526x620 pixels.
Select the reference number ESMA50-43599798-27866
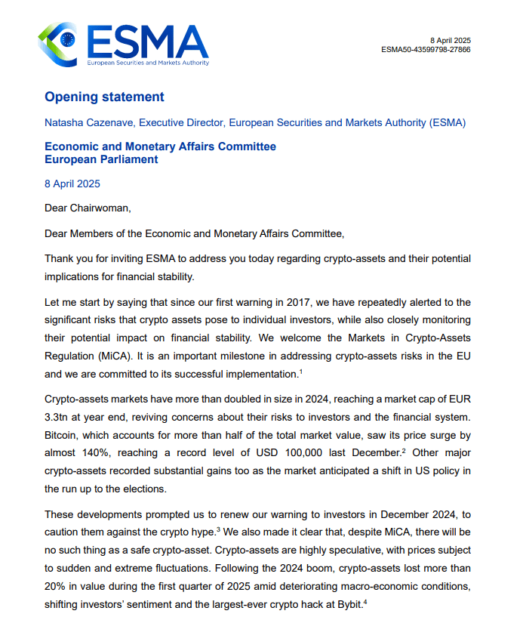[x=426, y=50]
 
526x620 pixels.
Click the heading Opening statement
[x=104, y=97]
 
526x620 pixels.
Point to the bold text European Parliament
[x=101, y=159]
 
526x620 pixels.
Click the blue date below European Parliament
[x=72, y=184]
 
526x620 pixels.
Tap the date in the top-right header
[x=451, y=40]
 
